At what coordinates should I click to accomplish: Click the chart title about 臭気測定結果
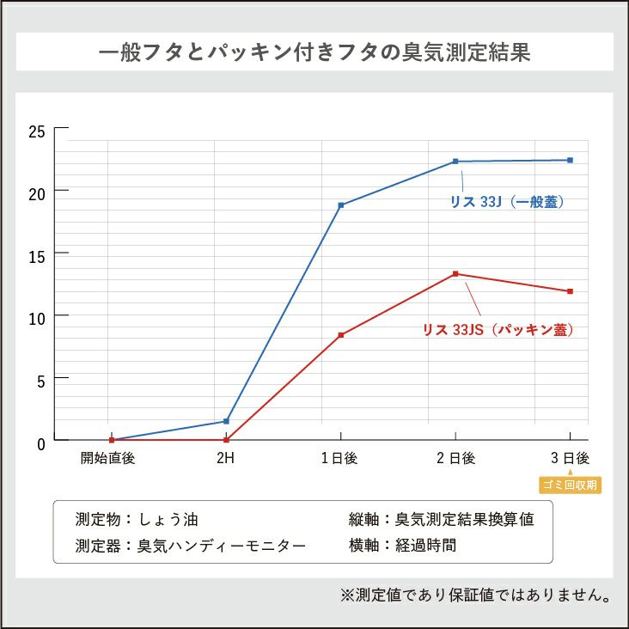point(314,52)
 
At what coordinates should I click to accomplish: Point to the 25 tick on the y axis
point(36,131)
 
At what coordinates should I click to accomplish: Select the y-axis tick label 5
point(40,379)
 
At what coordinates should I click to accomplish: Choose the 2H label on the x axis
point(225,458)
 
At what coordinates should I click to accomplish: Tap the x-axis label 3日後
point(570,458)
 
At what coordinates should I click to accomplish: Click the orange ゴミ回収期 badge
point(570,485)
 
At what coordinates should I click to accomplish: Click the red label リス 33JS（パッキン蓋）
point(498,329)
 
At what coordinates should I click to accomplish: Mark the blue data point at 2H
point(226,421)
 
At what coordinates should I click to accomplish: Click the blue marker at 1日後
point(341,205)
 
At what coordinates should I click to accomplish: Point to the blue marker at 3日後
point(570,160)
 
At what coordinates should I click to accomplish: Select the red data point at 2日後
point(455,274)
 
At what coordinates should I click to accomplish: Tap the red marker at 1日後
point(341,335)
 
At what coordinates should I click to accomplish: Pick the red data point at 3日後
point(570,291)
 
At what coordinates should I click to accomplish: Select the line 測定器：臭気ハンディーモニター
point(190,546)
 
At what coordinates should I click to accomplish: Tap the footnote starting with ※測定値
point(475,595)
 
